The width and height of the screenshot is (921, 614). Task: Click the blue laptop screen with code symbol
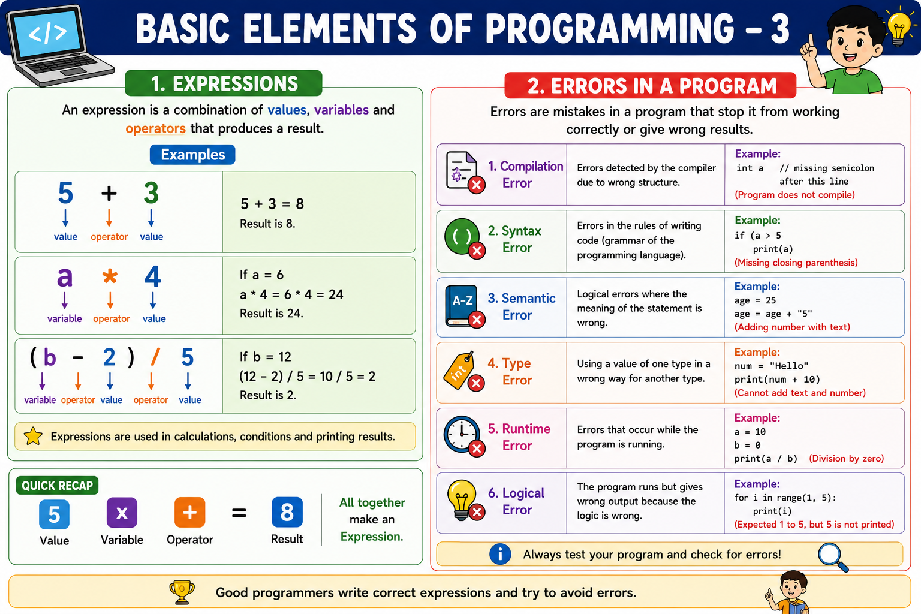click(x=48, y=32)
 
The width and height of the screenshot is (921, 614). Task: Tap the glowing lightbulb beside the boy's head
click(x=899, y=27)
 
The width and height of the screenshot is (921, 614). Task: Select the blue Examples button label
click(x=192, y=155)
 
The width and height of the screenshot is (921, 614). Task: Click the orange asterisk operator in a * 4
click(x=110, y=276)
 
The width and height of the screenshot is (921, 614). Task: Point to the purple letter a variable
click(x=65, y=277)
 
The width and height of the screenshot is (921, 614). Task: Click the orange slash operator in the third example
click(x=155, y=357)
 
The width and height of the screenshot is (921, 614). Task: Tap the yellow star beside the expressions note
click(x=33, y=436)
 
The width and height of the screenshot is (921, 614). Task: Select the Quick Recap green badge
click(x=57, y=486)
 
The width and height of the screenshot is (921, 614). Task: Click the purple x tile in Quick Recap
click(x=122, y=513)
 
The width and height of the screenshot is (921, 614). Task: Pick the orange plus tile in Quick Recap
click(x=189, y=513)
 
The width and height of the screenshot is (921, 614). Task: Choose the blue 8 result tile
click(x=287, y=513)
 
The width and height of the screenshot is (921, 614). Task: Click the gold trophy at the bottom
click(x=182, y=592)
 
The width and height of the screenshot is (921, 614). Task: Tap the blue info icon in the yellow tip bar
click(x=500, y=555)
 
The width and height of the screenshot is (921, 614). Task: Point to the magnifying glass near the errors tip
click(x=833, y=557)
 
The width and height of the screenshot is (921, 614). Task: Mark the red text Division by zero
click(x=846, y=459)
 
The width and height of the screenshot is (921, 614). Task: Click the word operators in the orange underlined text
click(x=155, y=128)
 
